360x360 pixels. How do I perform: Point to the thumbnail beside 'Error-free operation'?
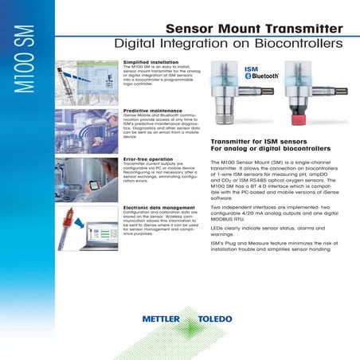(88, 178)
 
